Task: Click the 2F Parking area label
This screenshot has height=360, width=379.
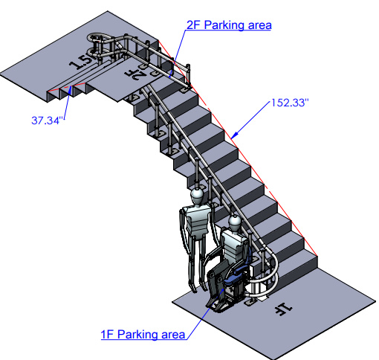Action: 229,25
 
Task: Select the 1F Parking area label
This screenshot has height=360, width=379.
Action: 143,335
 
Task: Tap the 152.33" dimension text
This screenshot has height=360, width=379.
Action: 290,103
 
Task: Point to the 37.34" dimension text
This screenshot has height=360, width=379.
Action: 48,120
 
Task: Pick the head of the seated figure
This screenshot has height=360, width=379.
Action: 234,222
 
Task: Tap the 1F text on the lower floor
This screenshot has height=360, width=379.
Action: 283,309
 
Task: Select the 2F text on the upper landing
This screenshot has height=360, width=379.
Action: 135,74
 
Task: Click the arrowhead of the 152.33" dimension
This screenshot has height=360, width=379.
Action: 234,135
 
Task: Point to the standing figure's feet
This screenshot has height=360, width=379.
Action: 198,288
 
